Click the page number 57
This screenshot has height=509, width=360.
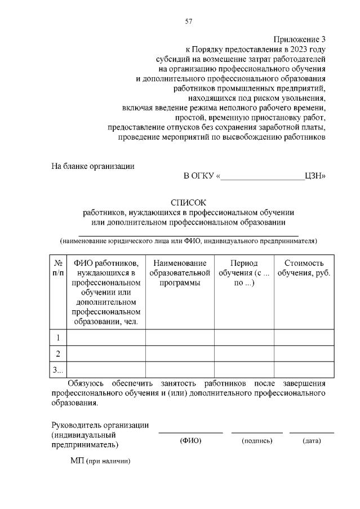click(189, 21)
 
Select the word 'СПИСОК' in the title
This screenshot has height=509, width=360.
click(189, 202)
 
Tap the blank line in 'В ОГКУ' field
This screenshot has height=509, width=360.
click(262, 176)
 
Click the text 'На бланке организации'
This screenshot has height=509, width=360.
click(93, 166)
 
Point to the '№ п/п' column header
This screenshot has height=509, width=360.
click(58, 268)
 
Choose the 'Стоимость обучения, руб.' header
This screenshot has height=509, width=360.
click(304, 268)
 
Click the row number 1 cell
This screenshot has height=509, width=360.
click(58, 338)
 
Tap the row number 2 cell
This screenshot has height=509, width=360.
click(58, 354)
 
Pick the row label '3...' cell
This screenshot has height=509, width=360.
click(58, 370)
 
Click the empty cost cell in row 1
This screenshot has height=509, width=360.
click(304, 338)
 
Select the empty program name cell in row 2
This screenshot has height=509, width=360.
click(180, 354)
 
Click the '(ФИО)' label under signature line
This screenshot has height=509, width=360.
click(190, 440)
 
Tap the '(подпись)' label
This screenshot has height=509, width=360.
click(257, 440)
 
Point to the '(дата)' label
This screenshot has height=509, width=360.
click(312, 440)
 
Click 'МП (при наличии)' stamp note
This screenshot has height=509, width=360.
click(100, 461)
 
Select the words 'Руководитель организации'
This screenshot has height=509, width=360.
click(100, 425)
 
